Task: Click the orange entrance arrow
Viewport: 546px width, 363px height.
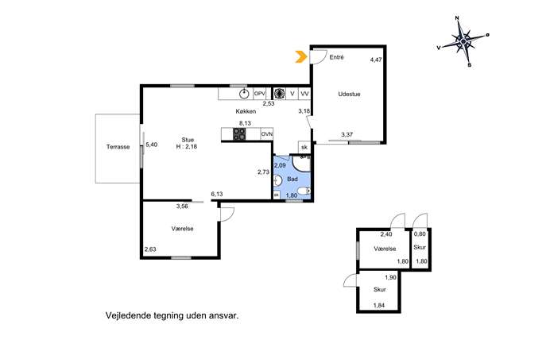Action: (x=301, y=56)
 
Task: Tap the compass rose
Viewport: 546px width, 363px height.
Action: (x=463, y=42)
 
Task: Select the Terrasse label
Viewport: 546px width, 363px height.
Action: (x=118, y=147)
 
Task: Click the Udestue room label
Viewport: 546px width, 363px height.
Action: (x=349, y=94)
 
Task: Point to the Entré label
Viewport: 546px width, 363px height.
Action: (x=336, y=57)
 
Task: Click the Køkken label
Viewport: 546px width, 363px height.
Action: (x=246, y=111)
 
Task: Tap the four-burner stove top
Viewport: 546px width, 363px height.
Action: (x=239, y=134)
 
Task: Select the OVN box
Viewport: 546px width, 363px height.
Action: (x=267, y=134)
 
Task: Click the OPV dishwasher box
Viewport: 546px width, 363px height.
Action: (x=259, y=94)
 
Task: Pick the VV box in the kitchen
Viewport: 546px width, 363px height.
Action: (x=304, y=94)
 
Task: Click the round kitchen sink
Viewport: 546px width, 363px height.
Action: (x=245, y=94)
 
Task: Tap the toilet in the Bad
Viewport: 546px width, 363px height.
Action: (x=304, y=191)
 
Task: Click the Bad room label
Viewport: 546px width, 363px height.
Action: (x=292, y=179)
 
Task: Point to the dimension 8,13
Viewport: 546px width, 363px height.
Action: (x=245, y=123)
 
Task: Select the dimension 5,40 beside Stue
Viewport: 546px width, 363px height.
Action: (x=152, y=145)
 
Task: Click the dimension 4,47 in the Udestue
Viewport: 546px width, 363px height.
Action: (x=376, y=60)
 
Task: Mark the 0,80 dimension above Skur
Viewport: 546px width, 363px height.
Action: (x=420, y=234)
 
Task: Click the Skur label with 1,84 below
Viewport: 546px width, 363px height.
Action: (x=380, y=290)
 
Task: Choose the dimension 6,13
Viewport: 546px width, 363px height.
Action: (x=217, y=194)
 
